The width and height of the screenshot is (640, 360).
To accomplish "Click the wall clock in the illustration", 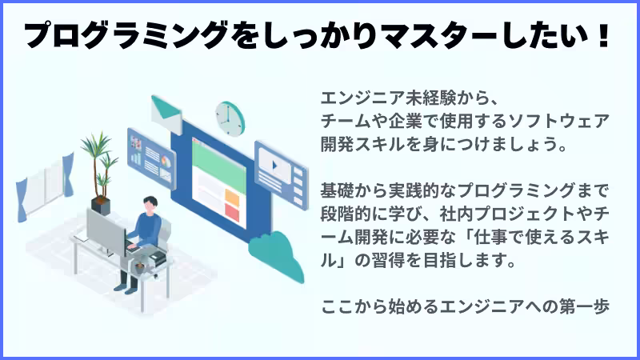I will click(228, 118).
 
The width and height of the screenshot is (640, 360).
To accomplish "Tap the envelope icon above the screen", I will click(168, 111).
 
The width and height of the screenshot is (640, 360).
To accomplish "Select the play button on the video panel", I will click(275, 167).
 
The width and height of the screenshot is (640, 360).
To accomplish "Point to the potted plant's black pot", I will click(101, 203).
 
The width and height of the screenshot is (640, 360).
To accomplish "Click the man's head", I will click(150, 203).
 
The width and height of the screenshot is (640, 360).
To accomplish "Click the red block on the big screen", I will click(232, 212).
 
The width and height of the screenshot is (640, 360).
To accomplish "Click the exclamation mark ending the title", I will click(602, 36).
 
